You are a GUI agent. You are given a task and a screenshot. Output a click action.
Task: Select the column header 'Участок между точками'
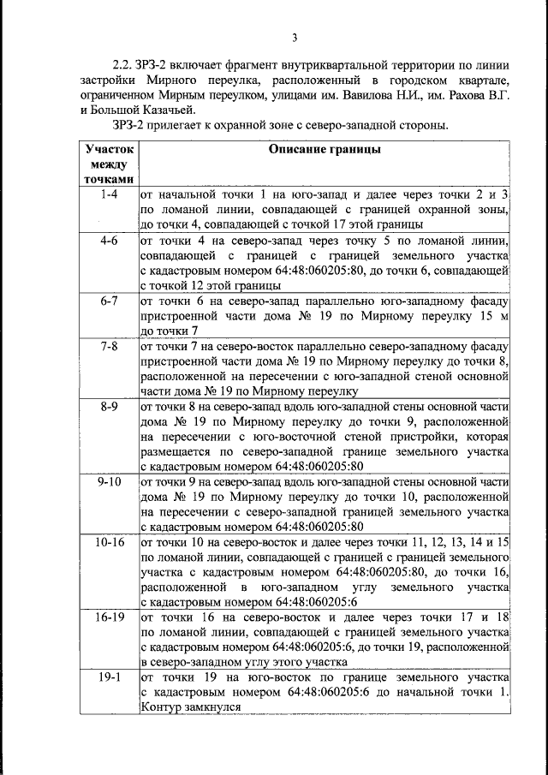pyautogui.click(x=108, y=163)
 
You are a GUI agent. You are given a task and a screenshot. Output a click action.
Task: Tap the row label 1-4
pyautogui.click(x=108, y=195)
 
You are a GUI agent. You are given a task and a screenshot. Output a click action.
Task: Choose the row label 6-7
pyautogui.click(x=108, y=302)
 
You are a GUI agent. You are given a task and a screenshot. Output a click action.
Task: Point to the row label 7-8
pyautogui.click(x=108, y=348)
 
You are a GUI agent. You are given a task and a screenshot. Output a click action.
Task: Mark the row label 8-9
pyautogui.click(x=108, y=408)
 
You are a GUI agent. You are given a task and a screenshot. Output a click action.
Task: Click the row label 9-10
pyautogui.click(x=108, y=482)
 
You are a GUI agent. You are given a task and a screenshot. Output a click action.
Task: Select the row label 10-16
pyautogui.click(x=108, y=543)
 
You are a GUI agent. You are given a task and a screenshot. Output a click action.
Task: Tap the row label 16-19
pyautogui.click(x=108, y=617)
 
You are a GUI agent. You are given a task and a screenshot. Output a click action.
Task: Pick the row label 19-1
pyautogui.click(x=108, y=677)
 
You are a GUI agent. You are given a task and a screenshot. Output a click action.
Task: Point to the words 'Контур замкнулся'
pyautogui.click(x=188, y=707)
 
